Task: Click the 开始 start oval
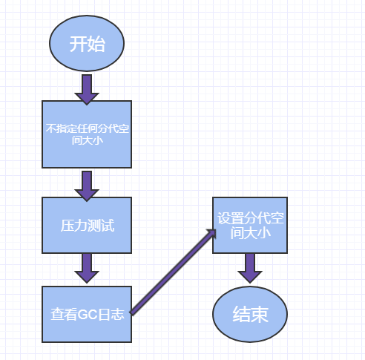coord(87,44)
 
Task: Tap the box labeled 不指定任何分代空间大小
coord(87,134)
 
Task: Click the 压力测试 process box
coord(87,225)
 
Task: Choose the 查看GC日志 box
coord(87,314)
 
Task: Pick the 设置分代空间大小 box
coord(250,226)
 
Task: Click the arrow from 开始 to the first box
coord(87,88)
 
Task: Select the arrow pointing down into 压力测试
coord(87,185)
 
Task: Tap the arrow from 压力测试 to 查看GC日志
coord(87,267)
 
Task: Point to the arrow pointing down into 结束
coord(250,267)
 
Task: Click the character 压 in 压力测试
coord(67,225)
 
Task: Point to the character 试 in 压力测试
coord(107,225)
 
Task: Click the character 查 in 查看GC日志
coord(57,314)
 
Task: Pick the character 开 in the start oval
coord(78,44)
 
